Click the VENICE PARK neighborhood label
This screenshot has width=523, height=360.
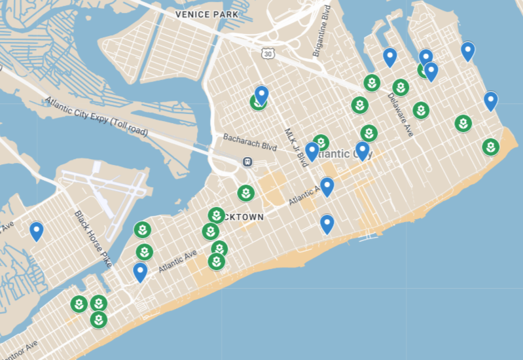[206, 14]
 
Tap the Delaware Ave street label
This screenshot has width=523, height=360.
[399, 115]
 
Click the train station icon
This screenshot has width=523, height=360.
[247, 162]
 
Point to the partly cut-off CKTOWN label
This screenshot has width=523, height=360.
[244, 217]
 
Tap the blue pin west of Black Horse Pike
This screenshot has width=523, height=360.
[37, 230]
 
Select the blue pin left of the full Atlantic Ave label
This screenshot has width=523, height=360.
[139, 271]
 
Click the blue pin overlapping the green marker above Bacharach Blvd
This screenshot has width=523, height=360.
[262, 95]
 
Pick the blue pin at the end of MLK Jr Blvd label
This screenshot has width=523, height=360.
[312, 151]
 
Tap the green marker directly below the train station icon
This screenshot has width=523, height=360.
[245, 193]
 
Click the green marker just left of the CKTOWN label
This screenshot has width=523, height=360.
[216, 215]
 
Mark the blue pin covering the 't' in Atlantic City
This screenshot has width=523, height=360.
[362, 151]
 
